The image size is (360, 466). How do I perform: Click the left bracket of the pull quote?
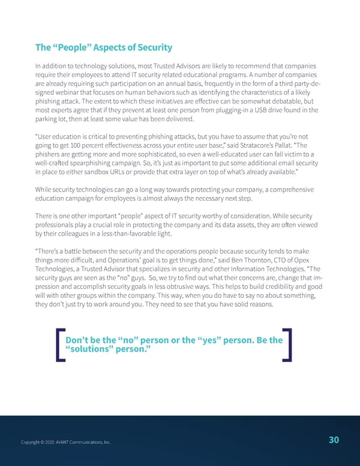[59, 345]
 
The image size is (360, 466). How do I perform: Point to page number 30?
[334, 440]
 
